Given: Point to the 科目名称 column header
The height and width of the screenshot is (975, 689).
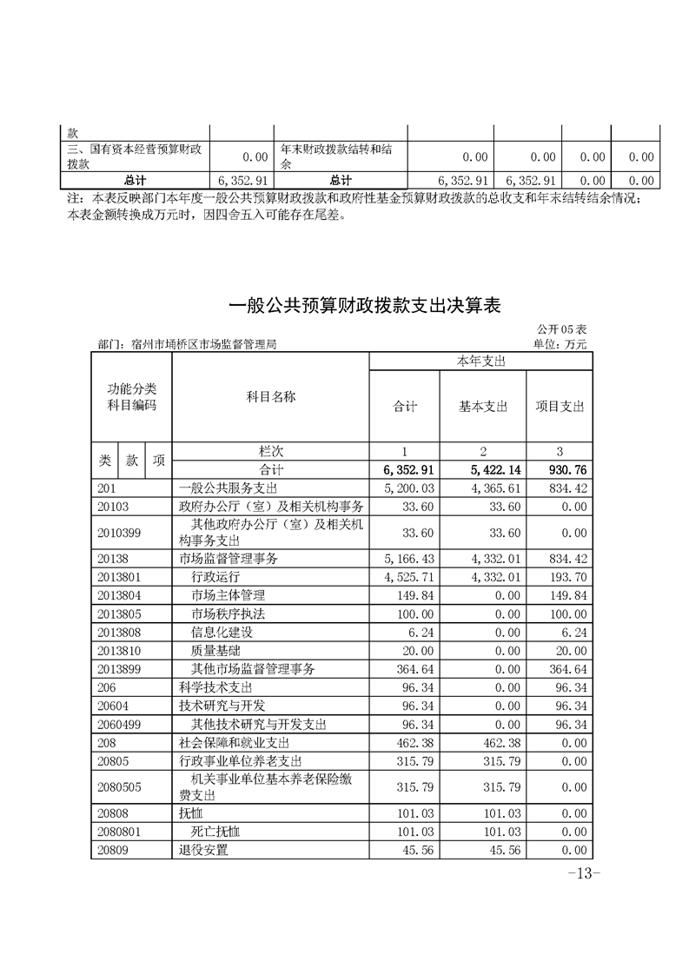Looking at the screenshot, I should click(271, 397).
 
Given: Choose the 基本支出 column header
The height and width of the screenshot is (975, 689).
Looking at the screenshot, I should click(483, 406).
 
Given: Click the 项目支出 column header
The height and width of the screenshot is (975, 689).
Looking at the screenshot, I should click(560, 406).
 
